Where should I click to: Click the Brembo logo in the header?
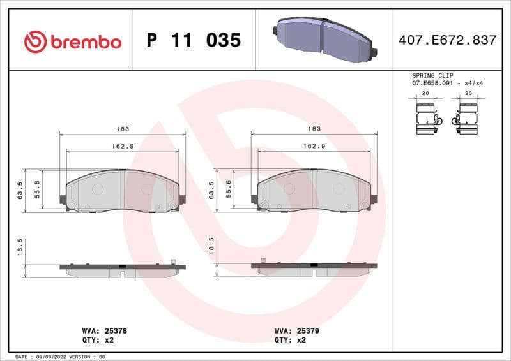72,41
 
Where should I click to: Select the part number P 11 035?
194,41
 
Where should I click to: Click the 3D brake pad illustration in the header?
323,40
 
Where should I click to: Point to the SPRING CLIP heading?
432,75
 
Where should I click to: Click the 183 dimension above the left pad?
123,129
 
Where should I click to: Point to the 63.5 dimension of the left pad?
21,190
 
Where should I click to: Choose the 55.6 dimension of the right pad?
229,189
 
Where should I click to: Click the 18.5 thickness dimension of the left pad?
21,247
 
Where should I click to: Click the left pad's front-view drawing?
123,191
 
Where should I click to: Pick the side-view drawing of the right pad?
314,268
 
